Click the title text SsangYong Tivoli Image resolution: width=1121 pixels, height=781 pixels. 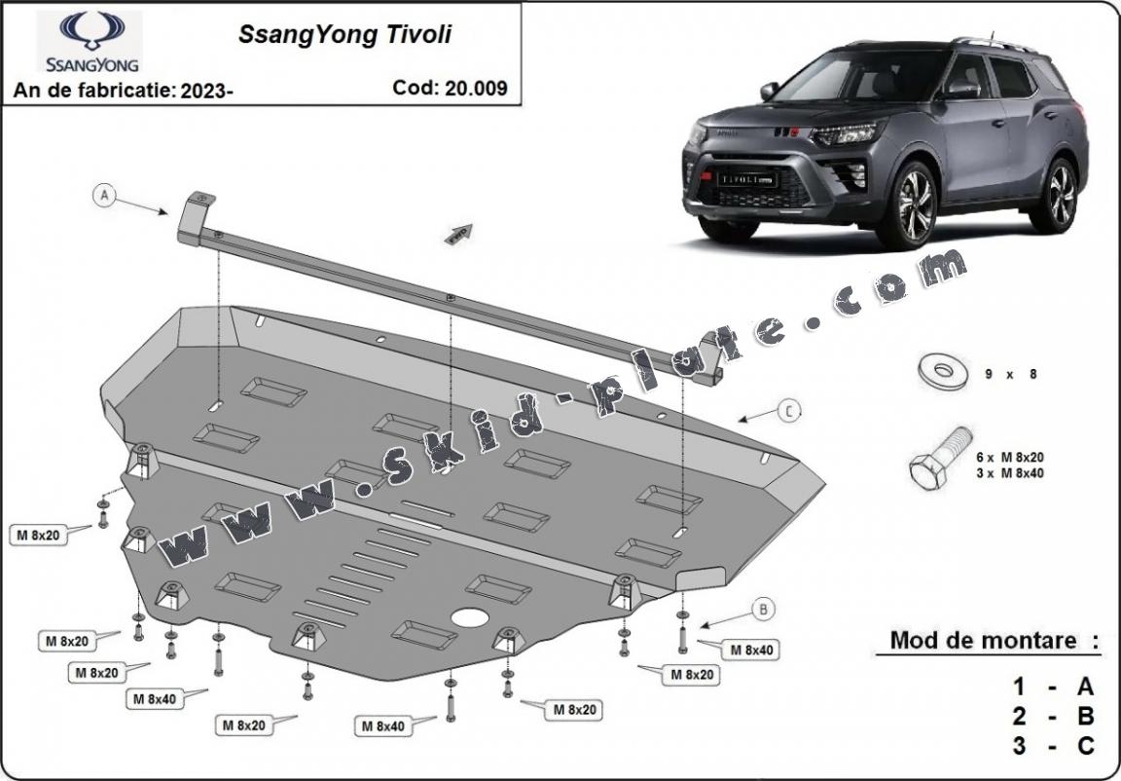[x=344, y=35]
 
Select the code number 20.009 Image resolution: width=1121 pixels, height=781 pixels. [x=477, y=88]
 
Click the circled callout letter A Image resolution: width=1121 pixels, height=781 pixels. [x=105, y=196]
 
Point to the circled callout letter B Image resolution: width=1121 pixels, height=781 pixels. [x=765, y=611]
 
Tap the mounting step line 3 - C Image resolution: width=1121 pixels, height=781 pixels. [x=1053, y=746]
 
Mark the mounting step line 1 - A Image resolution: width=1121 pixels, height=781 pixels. [x=1053, y=688]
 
